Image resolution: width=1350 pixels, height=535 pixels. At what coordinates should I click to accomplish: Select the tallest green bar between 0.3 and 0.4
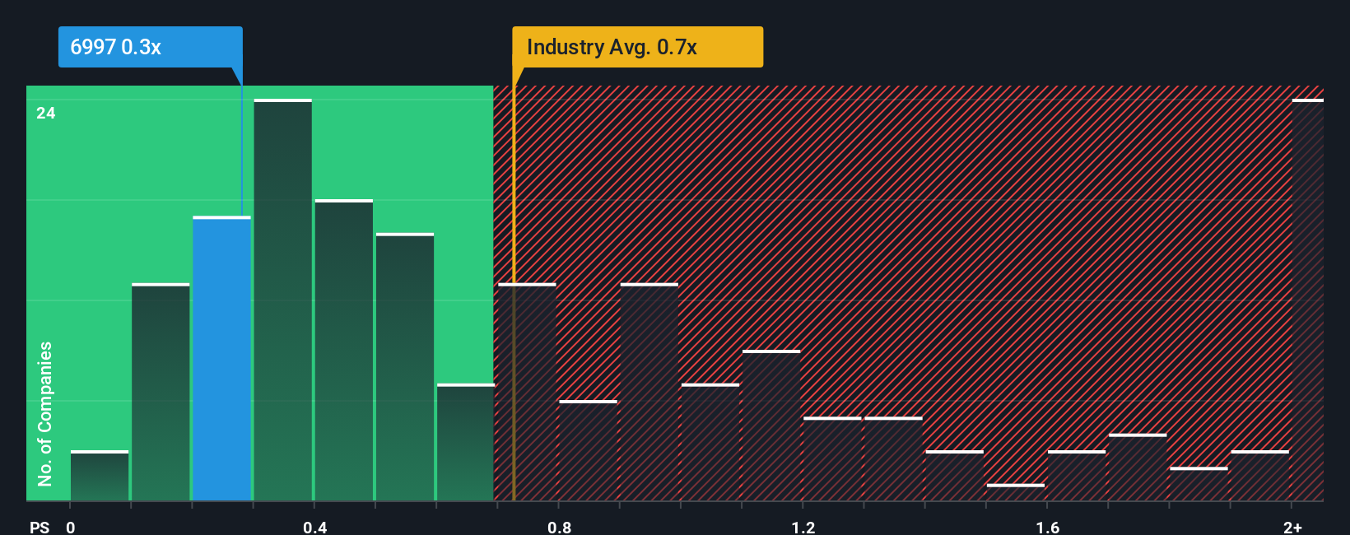(x=282, y=300)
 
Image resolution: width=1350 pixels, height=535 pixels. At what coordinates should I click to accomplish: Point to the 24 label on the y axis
(x=46, y=113)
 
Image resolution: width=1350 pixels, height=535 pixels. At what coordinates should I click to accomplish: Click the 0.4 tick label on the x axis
(x=314, y=527)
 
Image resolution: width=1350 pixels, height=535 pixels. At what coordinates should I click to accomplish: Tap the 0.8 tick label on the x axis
(x=559, y=527)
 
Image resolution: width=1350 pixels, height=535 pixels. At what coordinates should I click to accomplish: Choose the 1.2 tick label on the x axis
(x=803, y=527)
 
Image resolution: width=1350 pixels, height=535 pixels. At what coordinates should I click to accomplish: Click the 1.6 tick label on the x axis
(x=1047, y=527)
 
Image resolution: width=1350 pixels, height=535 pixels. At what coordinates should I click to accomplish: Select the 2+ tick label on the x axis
(x=1292, y=527)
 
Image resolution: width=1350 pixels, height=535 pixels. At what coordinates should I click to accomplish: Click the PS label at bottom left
(x=40, y=527)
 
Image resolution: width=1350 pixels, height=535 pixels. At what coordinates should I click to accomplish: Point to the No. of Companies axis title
(x=45, y=413)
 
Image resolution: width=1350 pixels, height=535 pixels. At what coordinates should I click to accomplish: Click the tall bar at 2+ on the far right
(x=1307, y=300)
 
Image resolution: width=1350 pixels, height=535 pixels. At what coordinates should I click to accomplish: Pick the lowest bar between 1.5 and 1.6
(x=1015, y=492)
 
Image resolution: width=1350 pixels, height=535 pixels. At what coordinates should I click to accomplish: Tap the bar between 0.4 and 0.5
(x=343, y=350)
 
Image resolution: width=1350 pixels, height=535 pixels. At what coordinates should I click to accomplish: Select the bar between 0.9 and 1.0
(x=649, y=392)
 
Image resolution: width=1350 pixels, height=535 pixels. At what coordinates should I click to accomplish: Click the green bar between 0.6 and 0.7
(x=465, y=442)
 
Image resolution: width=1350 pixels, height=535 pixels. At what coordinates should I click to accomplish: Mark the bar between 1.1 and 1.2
(x=770, y=426)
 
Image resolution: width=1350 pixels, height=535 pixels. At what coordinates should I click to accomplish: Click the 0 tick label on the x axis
(x=71, y=527)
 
